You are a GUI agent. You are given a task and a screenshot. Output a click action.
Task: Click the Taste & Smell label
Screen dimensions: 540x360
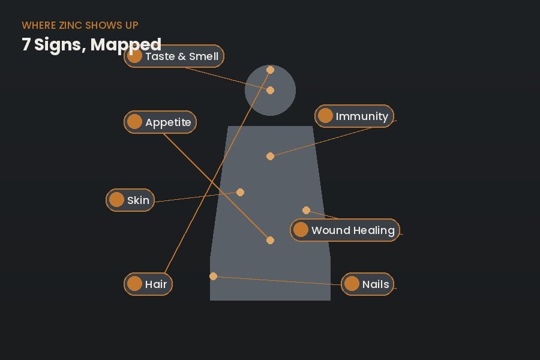click(182, 56)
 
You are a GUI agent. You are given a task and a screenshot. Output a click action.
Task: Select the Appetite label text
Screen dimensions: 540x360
click(168, 122)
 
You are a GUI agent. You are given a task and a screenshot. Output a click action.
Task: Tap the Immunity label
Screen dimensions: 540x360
click(362, 116)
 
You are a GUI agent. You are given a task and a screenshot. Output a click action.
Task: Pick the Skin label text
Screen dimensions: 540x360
click(138, 200)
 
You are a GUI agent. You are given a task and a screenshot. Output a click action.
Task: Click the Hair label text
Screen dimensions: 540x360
click(156, 284)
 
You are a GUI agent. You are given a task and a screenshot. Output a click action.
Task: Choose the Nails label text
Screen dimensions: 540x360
click(376, 284)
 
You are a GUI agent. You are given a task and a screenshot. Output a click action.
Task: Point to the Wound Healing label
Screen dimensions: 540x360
click(353, 230)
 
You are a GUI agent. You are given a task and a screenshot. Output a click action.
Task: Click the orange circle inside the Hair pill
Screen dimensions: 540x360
click(134, 284)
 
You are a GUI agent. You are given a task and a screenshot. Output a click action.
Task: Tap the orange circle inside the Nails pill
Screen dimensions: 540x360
click(352, 284)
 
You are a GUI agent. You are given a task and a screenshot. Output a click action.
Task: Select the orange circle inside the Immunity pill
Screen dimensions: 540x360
click(325, 116)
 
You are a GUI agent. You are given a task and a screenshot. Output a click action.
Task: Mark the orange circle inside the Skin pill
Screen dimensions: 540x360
click(116, 200)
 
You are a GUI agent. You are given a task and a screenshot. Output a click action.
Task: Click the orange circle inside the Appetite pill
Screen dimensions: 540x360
click(134, 122)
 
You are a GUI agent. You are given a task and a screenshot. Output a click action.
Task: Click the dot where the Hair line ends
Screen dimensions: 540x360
click(271, 70)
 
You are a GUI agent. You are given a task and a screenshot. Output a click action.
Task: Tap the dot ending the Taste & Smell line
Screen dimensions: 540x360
click(271, 90)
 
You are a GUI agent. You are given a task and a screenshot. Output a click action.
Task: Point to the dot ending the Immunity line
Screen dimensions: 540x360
click(271, 157)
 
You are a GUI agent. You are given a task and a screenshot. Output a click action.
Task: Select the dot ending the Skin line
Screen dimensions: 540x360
click(241, 192)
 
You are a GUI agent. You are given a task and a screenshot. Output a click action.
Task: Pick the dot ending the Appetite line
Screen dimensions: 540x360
click(271, 240)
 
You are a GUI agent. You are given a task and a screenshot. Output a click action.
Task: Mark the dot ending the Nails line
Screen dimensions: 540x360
click(213, 276)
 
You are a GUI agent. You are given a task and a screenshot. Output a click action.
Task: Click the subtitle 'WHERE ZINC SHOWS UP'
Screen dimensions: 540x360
click(80, 25)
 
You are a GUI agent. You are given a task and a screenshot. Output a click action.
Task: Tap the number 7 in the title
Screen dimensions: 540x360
click(25, 44)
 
